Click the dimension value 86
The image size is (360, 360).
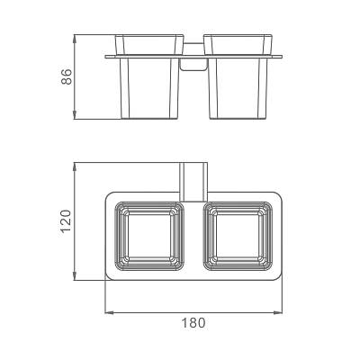pos(67,76)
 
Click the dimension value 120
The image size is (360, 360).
pos(66,221)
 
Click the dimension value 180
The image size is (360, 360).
pos(193,323)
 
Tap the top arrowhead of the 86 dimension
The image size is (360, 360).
pos(75,39)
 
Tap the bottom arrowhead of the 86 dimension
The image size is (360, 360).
pos(75,115)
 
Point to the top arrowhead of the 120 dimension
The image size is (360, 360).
pos(75,166)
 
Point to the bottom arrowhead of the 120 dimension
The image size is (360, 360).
pos(75,276)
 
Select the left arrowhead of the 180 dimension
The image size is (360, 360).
pos(109,313)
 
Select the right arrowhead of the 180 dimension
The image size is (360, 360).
pos(278,313)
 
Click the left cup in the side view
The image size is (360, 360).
pos(149,76)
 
